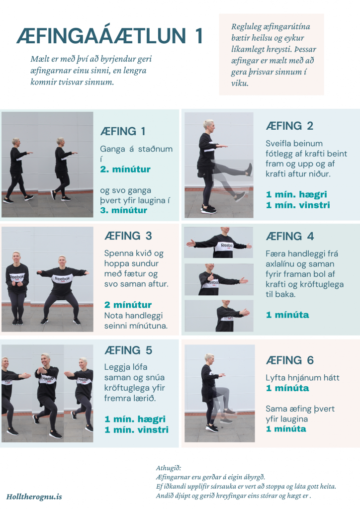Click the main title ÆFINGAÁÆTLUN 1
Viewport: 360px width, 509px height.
pyautogui.click(x=110, y=36)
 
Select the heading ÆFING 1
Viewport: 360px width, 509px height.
pyautogui.click(x=123, y=131)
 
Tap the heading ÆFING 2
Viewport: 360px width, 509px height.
pyautogui.click(x=289, y=126)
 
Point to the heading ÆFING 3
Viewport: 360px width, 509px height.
pyautogui.click(x=128, y=236)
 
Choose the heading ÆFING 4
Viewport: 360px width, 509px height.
pyautogui.click(x=290, y=236)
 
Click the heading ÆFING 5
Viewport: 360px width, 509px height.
pyautogui.click(x=128, y=350)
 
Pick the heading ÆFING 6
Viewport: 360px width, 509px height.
pyautogui.click(x=290, y=360)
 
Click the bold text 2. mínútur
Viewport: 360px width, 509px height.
pyautogui.click(x=125, y=169)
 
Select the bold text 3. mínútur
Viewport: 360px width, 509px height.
pyautogui.click(x=124, y=210)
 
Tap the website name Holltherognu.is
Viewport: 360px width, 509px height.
pyautogui.click(x=34, y=497)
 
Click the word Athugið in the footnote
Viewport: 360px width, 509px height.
pyautogui.click(x=169, y=468)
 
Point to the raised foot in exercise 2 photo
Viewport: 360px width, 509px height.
pyautogui.click(x=249, y=170)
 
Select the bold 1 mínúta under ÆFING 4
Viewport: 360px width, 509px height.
pyautogui.click(x=287, y=315)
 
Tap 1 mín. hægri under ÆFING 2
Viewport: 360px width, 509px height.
pyautogui.click(x=296, y=194)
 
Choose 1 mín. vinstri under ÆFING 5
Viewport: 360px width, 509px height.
pyautogui.click(x=137, y=430)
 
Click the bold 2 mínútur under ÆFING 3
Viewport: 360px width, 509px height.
pyautogui.click(x=128, y=305)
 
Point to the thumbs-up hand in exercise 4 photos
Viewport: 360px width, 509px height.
pyautogui.click(x=210, y=277)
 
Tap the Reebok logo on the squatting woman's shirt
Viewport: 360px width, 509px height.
pyautogui.click(x=62, y=278)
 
